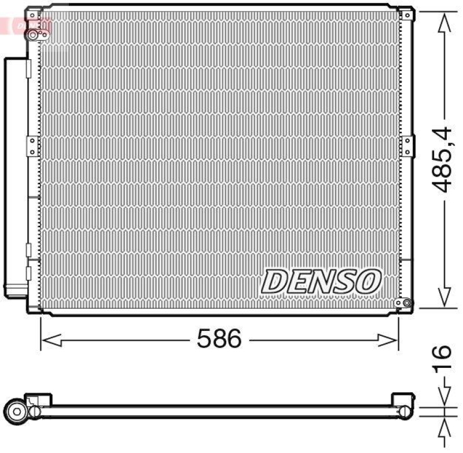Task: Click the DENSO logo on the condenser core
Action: coord(322,282)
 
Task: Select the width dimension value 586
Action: coord(218,339)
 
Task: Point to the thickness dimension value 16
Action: coord(442,359)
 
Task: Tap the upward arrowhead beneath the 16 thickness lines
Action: coord(443,428)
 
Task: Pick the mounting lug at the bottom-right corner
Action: coord(403,302)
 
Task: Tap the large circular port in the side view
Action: coord(17,412)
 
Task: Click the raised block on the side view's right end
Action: coord(403,401)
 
